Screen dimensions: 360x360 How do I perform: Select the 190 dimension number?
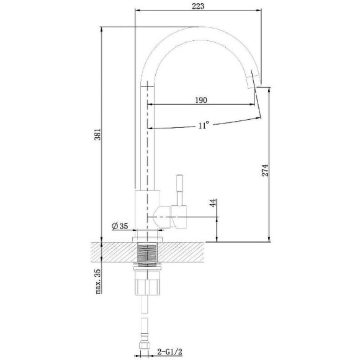pyautogui.click(x=200, y=99)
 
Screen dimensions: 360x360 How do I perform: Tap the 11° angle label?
pyautogui.click(x=203, y=125)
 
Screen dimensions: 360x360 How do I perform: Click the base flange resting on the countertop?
pyautogui.click(x=149, y=237)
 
